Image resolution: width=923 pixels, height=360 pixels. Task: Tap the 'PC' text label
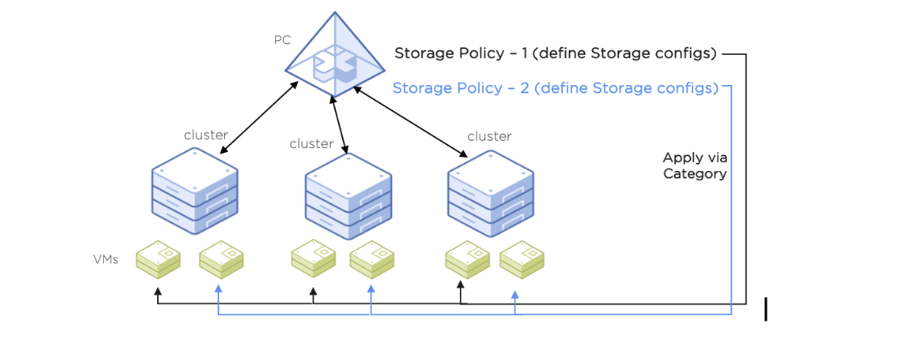pos(282,39)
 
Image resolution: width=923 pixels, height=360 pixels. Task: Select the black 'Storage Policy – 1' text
pos(556,54)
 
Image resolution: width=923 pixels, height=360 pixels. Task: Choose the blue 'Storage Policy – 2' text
pos(556,88)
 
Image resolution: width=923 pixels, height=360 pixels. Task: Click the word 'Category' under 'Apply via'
pos(695,173)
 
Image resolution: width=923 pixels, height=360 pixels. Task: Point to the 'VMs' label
pos(106,259)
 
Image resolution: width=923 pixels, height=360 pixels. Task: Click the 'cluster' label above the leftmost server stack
pos(205,135)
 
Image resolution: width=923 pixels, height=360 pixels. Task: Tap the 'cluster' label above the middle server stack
pos(311,144)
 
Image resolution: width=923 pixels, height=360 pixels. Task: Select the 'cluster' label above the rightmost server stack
pos(489,136)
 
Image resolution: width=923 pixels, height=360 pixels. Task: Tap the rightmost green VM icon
pos(522,259)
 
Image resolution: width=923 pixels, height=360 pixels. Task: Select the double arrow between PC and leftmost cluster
pos(259,118)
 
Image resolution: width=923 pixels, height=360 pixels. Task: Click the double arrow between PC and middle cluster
pos(340,124)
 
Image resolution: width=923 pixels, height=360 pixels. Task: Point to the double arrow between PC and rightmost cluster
pos(410,124)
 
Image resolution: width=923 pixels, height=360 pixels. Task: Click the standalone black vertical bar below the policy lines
pos(766,309)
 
